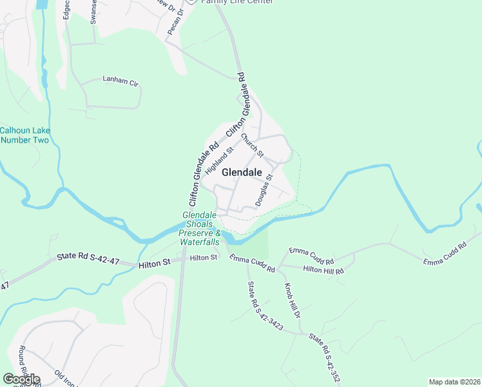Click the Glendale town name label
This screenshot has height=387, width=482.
pos(242,172)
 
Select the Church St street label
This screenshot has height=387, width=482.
pos(253,145)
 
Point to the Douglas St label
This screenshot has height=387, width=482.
pos(264,190)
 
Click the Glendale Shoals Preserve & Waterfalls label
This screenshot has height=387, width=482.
pos(200,228)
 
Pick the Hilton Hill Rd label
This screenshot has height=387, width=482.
pos(323,270)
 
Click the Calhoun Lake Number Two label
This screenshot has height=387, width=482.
pos(24,135)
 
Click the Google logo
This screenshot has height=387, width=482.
pos(21,379)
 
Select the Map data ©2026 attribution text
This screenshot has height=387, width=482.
pos(454,382)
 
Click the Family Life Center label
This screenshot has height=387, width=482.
pos(236,2)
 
